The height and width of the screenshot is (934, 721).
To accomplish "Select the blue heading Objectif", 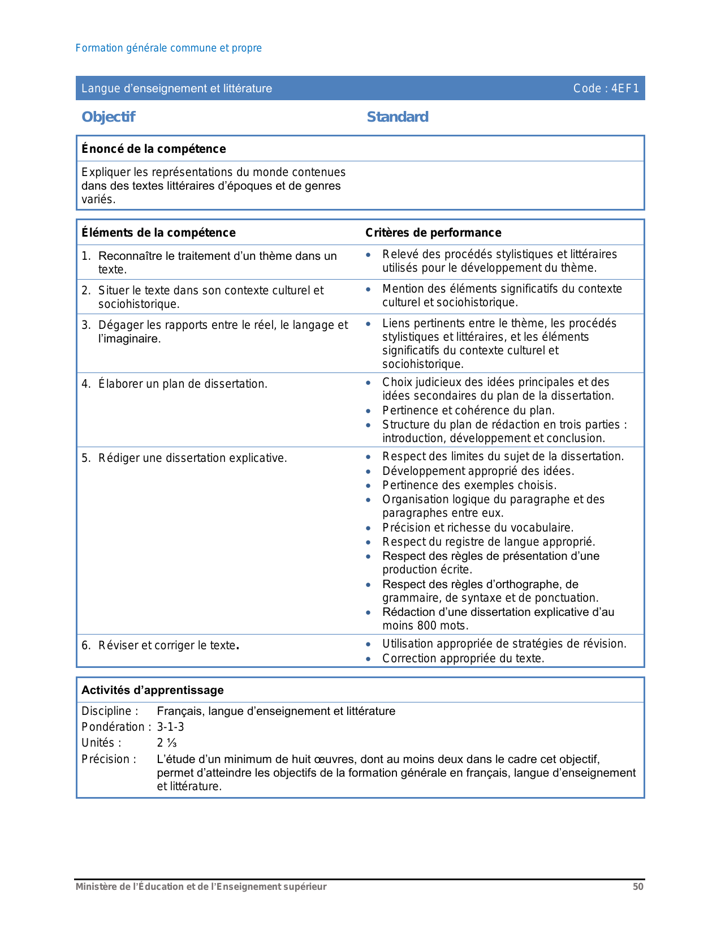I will click(109, 117).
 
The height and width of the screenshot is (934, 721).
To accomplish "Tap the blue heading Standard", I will click(398, 117).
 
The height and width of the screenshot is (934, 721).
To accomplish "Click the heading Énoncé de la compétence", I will click(154, 149).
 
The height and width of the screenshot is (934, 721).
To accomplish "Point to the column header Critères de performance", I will click(433, 233).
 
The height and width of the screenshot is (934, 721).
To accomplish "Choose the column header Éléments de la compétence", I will click(158, 233).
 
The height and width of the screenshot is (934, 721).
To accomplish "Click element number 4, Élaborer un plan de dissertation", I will click(182, 384).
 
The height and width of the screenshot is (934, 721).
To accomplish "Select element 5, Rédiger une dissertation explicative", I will click(192, 458).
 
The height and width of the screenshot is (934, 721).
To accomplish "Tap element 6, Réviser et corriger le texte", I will click(167, 645).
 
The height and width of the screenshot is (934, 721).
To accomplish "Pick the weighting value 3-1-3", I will click(170, 727).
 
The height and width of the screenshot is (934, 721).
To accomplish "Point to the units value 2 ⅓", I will click(167, 743).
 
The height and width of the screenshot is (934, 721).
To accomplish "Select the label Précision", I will click(109, 759).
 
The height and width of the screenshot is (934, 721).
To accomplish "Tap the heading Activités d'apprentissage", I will click(153, 690).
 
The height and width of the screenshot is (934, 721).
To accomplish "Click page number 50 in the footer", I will click(638, 887).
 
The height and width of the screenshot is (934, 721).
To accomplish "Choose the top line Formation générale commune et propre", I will click(169, 48).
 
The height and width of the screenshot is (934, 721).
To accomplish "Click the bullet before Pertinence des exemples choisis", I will click(369, 486).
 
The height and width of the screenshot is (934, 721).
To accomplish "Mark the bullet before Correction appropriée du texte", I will click(369, 659).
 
